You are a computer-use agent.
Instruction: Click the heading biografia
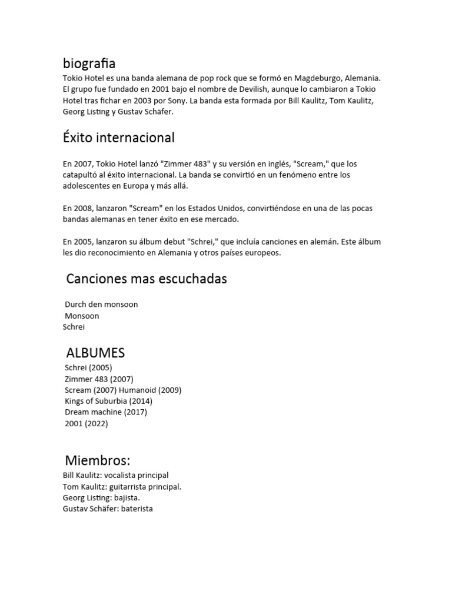pyautogui.click(x=89, y=63)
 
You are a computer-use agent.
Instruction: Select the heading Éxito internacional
pyautogui.click(x=118, y=138)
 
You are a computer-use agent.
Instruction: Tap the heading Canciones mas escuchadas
pyautogui.click(x=147, y=279)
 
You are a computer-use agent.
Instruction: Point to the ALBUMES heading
pyautogui.click(x=95, y=353)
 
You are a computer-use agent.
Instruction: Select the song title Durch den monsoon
pyautogui.click(x=101, y=305)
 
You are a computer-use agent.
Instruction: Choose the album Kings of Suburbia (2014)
pyautogui.click(x=108, y=401)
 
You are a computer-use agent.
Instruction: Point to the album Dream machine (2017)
pyautogui.click(x=106, y=412)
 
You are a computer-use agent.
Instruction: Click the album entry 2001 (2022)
pyautogui.click(x=87, y=423)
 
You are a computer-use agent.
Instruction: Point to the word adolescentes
pyautogui.click(x=91, y=186)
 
